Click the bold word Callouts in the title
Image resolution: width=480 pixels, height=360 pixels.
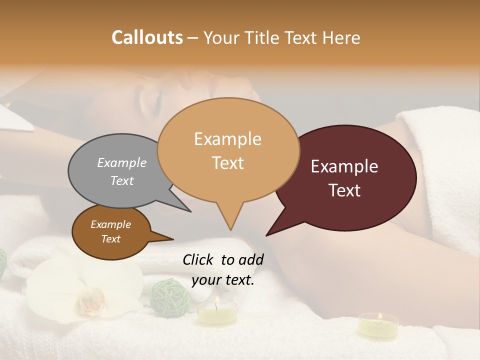(x=147, y=37)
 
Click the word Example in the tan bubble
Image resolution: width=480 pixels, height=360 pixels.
(x=227, y=139)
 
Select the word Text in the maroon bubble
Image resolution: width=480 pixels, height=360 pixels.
(x=345, y=190)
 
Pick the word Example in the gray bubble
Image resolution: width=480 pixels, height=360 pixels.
(x=122, y=162)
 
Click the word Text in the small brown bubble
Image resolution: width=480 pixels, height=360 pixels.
(x=111, y=239)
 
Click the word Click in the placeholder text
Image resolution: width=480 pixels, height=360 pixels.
(x=198, y=259)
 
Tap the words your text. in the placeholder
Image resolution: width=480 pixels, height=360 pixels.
(x=223, y=280)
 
